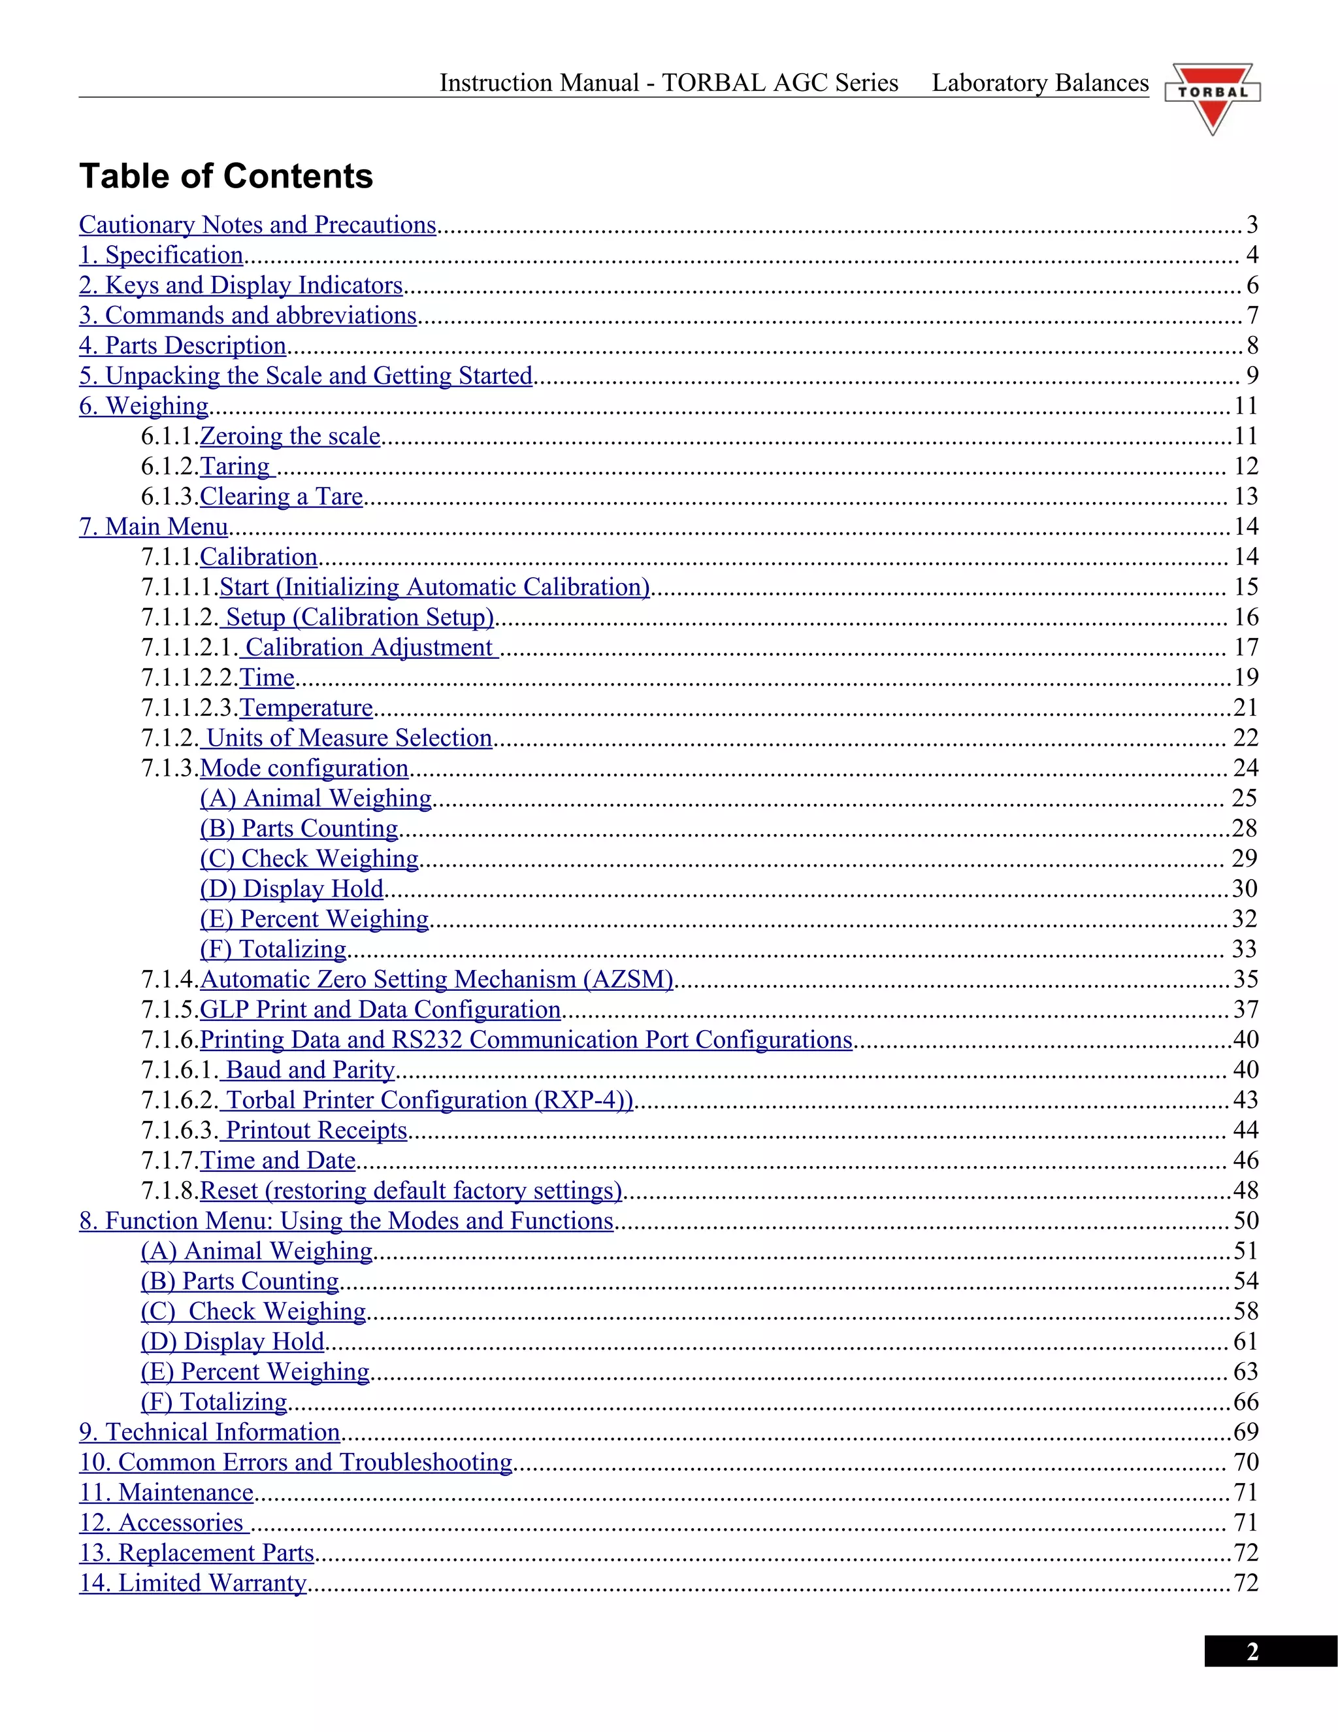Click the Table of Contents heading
point(226,176)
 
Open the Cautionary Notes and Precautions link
point(257,225)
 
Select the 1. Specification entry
point(161,256)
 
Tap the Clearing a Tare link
point(282,497)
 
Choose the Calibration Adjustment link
point(369,648)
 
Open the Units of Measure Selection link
point(349,739)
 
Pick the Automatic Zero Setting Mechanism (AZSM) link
point(437,980)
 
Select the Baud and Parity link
point(310,1071)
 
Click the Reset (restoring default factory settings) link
point(410,1191)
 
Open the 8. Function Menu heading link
point(346,1222)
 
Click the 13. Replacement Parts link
point(197,1553)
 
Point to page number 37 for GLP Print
point(1245,1010)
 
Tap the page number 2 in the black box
point(1252,1652)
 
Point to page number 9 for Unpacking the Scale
point(1252,376)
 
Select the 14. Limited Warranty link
point(193,1583)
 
